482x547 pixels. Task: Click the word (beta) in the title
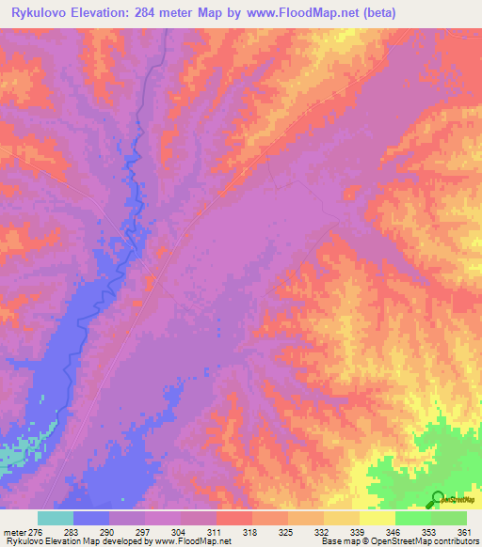370,13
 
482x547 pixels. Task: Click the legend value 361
464,531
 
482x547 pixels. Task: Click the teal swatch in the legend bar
56,518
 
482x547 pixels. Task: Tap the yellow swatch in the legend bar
378,518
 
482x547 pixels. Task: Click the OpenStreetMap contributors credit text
416,542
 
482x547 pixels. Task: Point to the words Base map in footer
335,542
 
